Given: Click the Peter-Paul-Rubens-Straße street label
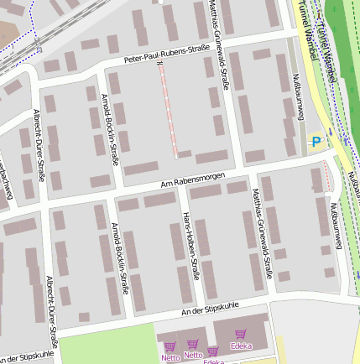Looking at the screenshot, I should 166,54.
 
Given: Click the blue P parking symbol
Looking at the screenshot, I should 316,142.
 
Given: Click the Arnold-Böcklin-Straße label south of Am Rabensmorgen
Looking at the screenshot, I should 121,256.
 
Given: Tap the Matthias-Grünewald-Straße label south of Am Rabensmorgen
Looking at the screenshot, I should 260,232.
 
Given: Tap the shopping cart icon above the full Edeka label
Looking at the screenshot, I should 240,334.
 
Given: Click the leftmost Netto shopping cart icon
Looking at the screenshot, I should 170,346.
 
